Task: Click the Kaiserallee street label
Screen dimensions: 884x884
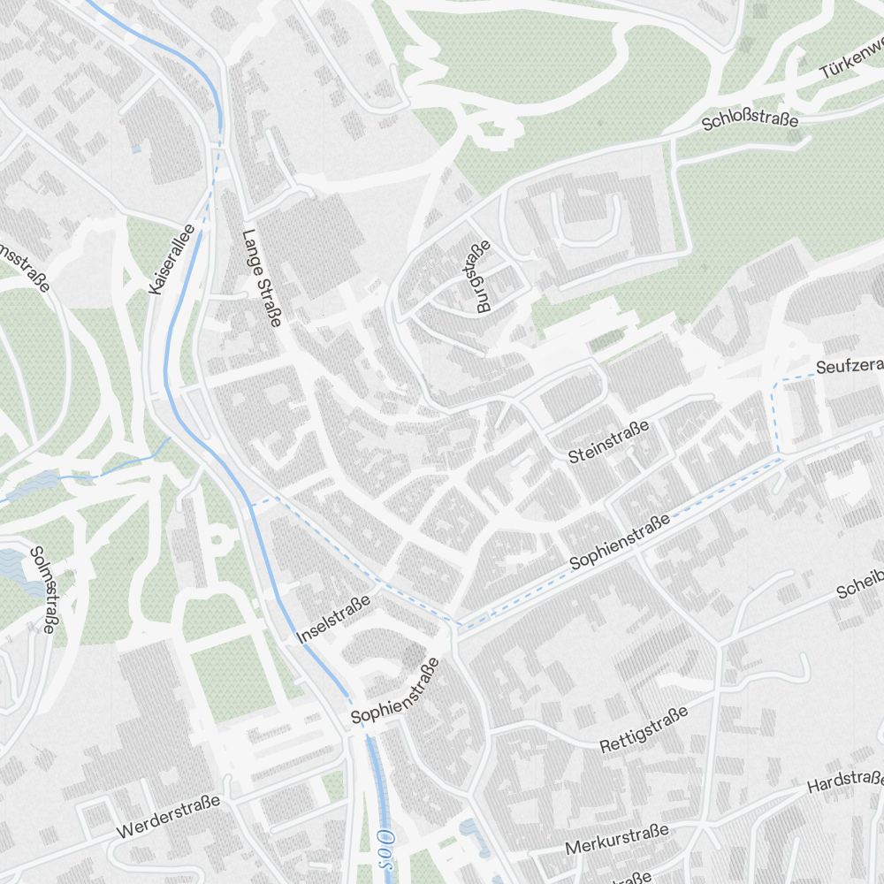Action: [172, 259]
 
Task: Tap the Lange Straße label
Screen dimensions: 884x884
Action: [261, 278]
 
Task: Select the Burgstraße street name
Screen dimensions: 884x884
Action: [477, 278]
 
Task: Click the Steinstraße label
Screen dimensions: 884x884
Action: [609, 441]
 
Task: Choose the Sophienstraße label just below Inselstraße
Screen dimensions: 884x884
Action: [395, 691]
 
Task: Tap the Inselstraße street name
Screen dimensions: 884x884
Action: [332, 619]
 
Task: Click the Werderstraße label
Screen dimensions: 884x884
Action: [168, 817]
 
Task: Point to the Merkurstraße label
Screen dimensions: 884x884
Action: [616, 840]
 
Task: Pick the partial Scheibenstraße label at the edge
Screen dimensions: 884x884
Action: [859, 586]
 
